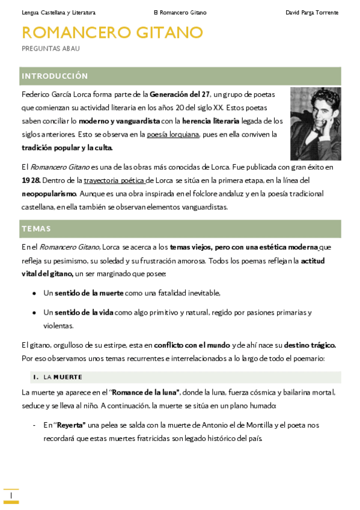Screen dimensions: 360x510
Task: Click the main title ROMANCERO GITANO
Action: [x=112, y=32]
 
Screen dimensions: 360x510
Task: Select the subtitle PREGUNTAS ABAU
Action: [x=50, y=48]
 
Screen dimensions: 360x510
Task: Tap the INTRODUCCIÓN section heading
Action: [x=55, y=76]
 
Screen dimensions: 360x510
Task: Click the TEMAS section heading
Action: [x=36, y=229]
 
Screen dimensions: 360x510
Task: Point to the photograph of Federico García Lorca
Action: [x=316, y=124]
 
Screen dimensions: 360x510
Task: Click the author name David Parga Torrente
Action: [x=312, y=13]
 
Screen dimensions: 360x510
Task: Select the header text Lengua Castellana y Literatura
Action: [x=58, y=13]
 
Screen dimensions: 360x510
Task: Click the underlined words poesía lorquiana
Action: [x=172, y=134]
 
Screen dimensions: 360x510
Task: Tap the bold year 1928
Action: [x=31, y=180]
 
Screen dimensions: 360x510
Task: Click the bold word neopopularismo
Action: [x=49, y=194]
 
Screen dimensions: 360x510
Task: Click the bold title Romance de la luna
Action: [x=145, y=392]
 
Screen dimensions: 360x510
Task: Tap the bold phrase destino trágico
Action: [x=310, y=345]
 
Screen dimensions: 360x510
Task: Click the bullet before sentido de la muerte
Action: [x=33, y=293]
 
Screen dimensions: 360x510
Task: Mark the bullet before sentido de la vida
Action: [x=33, y=313]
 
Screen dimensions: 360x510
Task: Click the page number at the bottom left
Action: [x=11, y=495]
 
